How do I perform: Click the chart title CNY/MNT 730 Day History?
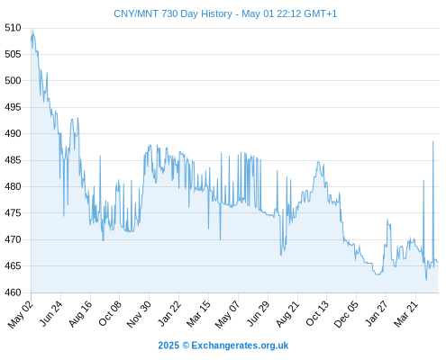click(x=173, y=13)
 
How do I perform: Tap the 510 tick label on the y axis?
click(x=13, y=28)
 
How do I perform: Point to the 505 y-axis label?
click(x=13, y=54)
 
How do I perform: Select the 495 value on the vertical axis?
click(x=13, y=107)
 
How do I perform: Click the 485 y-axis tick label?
click(x=13, y=160)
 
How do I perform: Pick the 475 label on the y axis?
click(x=13, y=213)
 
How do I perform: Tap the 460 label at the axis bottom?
click(x=13, y=292)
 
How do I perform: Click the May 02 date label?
click(x=21, y=314)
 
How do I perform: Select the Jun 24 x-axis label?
click(x=51, y=313)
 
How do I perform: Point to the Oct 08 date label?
click(x=110, y=313)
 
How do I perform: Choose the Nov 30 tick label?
click(x=139, y=314)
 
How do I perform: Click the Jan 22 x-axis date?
click(x=169, y=313)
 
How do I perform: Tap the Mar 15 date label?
click(x=198, y=313)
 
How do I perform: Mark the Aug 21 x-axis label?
click(x=287, y=313)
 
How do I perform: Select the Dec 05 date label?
click(x=346, y=314)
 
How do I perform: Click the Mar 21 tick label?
click(x=406, y=313)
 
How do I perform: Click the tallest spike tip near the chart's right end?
click(x=433, y=141)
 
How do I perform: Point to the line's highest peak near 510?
click(x=32, y=30)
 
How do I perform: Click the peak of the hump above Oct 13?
click(x=318, y=162)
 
